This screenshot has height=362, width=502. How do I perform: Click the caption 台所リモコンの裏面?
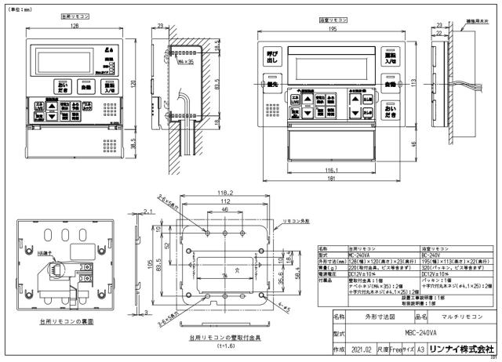61,320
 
